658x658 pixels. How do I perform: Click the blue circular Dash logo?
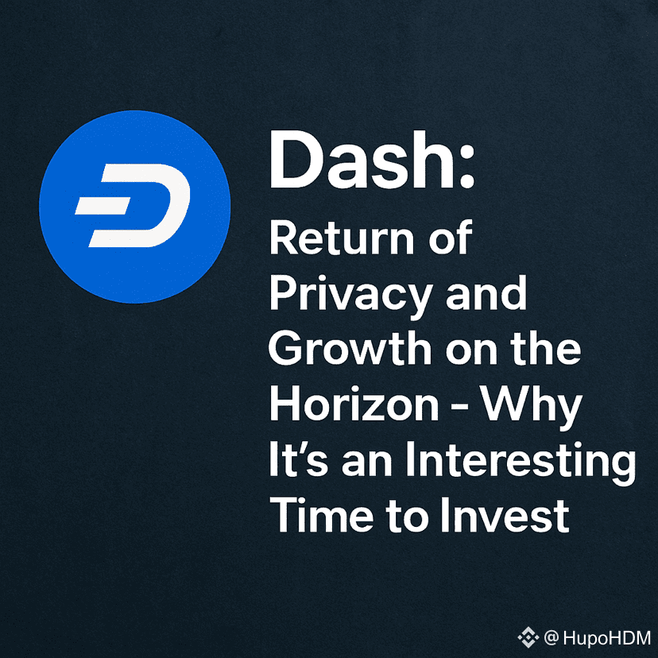click(x=135, y=207)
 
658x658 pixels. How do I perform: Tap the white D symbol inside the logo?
click(x=133, y=205)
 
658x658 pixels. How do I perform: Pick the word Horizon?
click(x=354, y=403)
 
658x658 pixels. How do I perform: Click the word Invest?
click(x=505, y=514)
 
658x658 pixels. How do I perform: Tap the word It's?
click(x=298, y=459)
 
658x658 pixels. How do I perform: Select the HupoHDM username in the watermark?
click(x=607, y=638)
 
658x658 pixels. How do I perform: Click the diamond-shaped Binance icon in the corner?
click(x=528, y=637)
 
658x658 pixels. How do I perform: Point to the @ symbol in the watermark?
click(x=551, y=638)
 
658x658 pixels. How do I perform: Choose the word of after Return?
click(x=451, y=236)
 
